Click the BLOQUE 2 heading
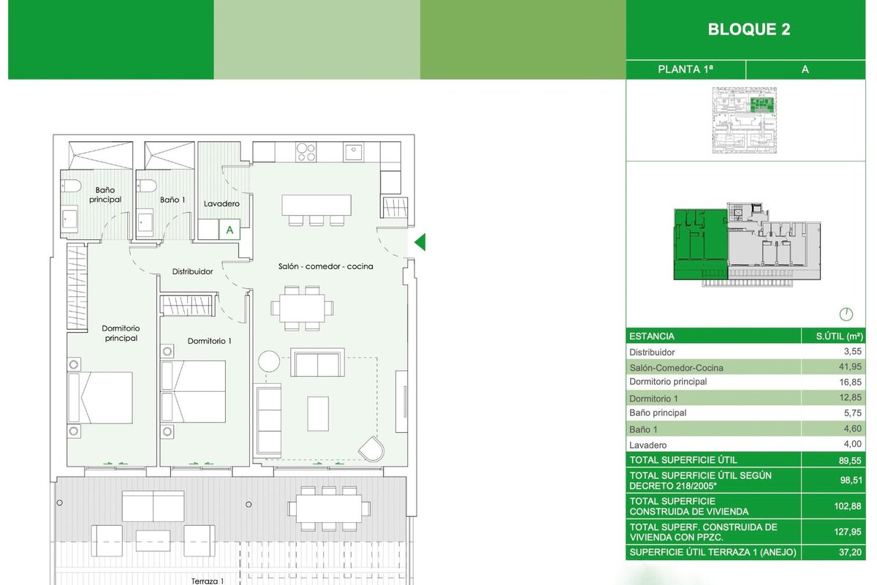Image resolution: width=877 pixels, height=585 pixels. click(x=748, y=30)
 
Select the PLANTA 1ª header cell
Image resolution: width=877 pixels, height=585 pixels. click(x=685, y=69)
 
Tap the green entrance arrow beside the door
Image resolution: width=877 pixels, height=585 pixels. click(x=419, y=242)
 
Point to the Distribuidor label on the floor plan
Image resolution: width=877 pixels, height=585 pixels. click(x=192, y=271)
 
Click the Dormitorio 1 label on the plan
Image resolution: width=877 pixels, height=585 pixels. click(x=209, y=341)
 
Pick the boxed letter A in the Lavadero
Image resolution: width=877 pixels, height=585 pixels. click(x=230, y=230)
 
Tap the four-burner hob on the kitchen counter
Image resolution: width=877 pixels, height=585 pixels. click(x=306, y=152)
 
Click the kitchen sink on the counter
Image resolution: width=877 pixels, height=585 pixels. click(x=354, y=153)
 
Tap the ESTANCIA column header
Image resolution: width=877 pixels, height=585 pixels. click(x=651, y=336)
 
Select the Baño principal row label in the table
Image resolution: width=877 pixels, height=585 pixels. click(x=658, y=413)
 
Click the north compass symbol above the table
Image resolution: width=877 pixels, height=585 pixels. click(x=846, y=315)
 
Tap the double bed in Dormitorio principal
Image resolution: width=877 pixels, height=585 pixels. click(x=100, y=398)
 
